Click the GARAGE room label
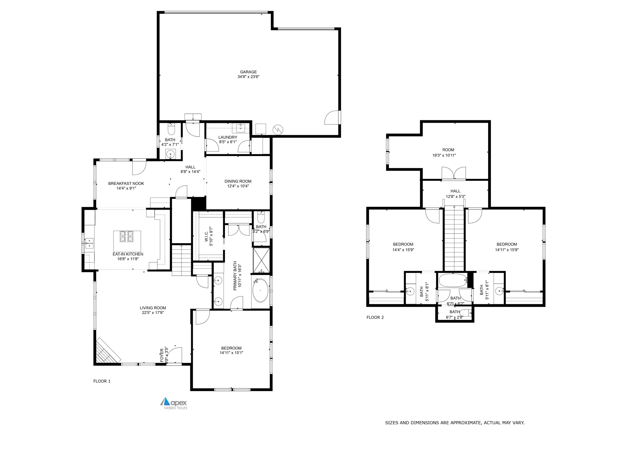coord(248,72)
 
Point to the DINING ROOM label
coord(238,181)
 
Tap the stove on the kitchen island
coord(126,236)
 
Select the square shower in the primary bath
coord(261,260)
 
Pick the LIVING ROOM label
coord(153,308)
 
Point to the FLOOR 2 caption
coord(375,317)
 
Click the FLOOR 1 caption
coord(102,381)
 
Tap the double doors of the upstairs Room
coord(454,173)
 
